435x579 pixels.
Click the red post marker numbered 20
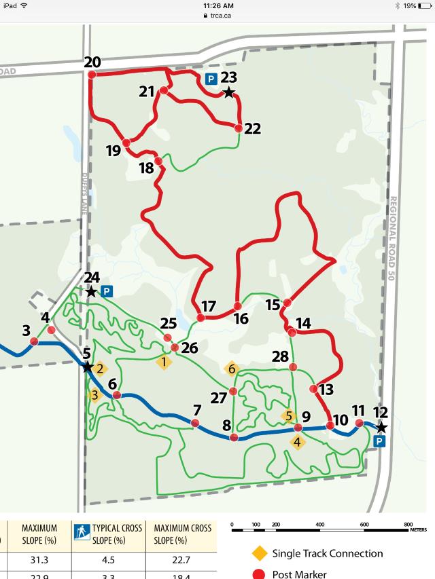tap(91, 73)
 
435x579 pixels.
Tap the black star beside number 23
tap(229, 92)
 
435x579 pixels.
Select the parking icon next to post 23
tap(211, 79)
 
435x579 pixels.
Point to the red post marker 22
tap(239, 128)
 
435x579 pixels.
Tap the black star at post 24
tap(91, 291)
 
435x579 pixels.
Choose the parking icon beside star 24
tap(106, 291)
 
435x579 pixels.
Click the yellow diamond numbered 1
tap(163, 361)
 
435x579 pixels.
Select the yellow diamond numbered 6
tap(232, 369)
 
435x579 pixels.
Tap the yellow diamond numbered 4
tap(298, 442)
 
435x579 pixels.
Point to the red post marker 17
tap(201, 318)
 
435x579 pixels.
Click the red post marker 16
tap(237, 306)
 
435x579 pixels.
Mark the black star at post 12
tap(381, 427)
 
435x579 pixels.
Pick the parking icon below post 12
tap(380, 441)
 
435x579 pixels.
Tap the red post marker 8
tap(234, 438)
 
